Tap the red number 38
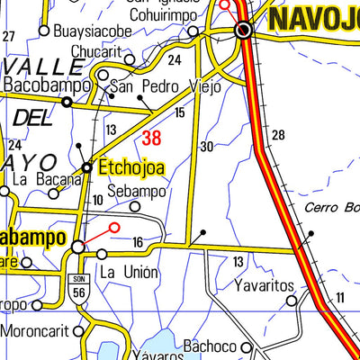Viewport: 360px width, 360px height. coord(152,138)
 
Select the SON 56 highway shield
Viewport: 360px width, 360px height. coord(79,286)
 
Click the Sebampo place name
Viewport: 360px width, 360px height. coord(137,192)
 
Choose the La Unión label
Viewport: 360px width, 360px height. coord(129,272)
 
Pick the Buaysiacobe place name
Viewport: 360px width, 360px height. coord(92,31)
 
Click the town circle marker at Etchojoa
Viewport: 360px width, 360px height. coord(87,167)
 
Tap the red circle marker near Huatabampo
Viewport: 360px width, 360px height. coord(114,229)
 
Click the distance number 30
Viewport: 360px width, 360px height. coord(207,147)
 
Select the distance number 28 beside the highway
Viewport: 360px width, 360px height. coord(277,135)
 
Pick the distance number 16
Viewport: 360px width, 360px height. coord(138,241)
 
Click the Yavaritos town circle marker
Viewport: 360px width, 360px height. coord(292,301)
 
